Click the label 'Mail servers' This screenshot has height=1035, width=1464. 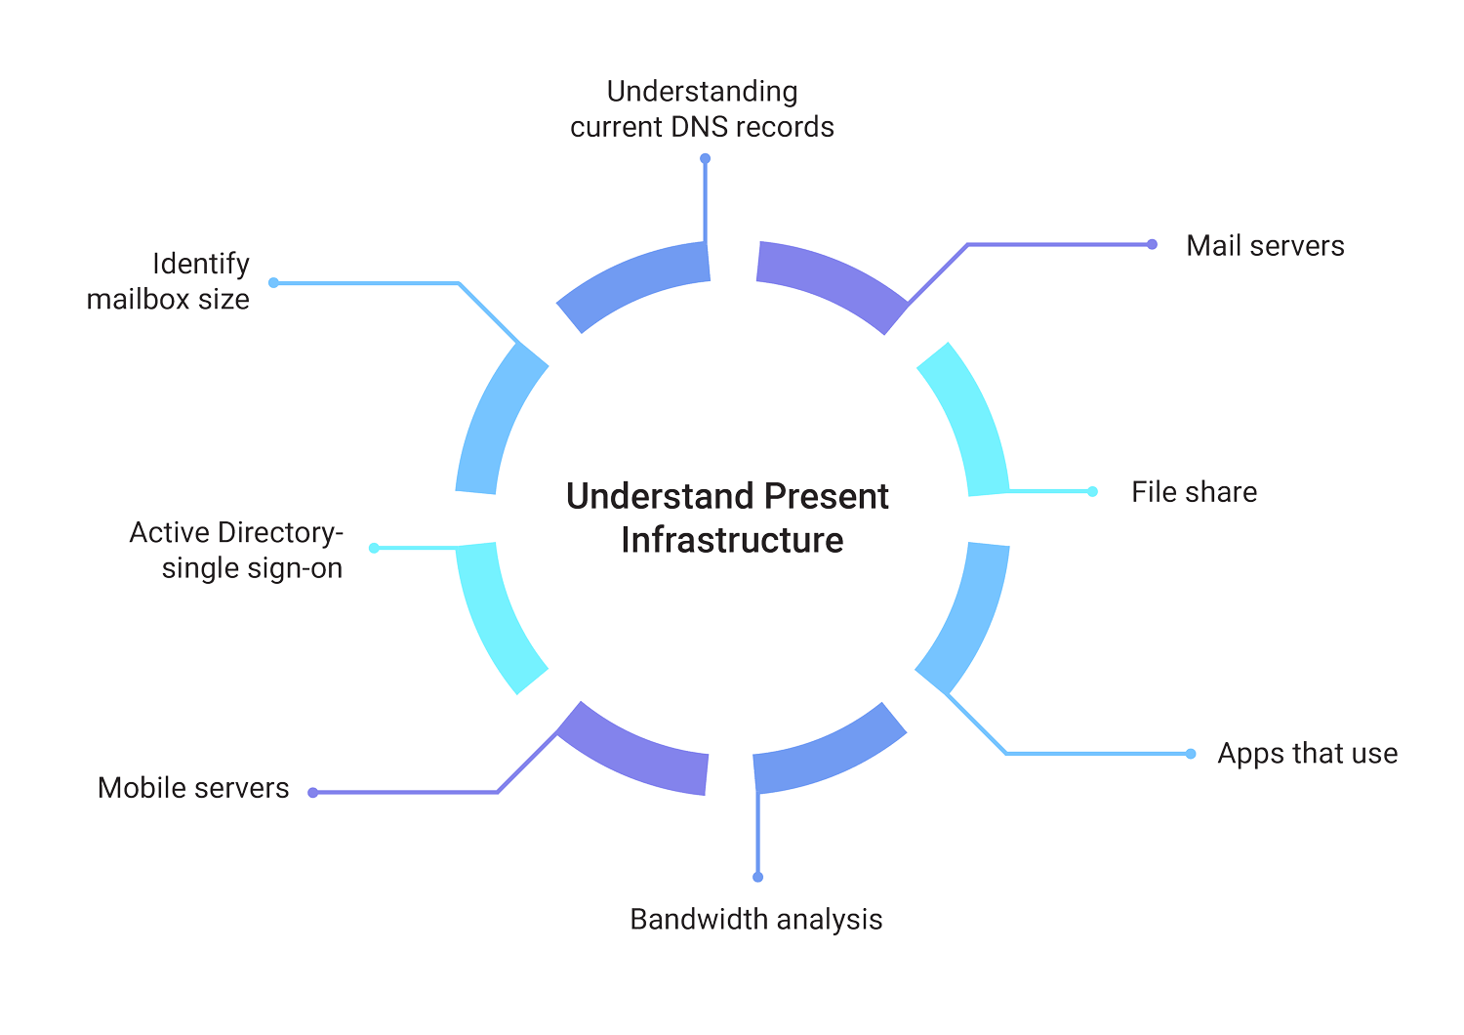[1265, 246]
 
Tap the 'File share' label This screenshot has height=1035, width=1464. [1194, 492]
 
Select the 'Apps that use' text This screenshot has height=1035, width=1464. [1307, 754]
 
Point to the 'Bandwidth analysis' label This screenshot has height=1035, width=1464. [755, 920]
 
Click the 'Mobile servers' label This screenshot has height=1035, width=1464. [193, 788]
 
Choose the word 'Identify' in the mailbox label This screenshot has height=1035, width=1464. [201, 265]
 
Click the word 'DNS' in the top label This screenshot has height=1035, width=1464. [700, 127]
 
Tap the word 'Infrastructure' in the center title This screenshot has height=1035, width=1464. [732, 540]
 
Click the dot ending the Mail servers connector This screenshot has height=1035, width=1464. [1152, 244]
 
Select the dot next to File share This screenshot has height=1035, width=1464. [1093, 491]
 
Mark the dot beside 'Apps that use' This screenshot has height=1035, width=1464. [1191, 754]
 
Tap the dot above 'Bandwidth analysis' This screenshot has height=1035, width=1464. [758, 877]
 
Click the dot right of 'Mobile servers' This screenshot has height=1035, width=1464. [313, 793]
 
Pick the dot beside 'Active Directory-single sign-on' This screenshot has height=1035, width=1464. [374, 549]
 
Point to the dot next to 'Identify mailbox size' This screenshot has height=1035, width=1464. [274, 283]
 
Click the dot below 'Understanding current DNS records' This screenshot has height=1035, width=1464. [705, 158]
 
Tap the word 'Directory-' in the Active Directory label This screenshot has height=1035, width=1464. [280, 533]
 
